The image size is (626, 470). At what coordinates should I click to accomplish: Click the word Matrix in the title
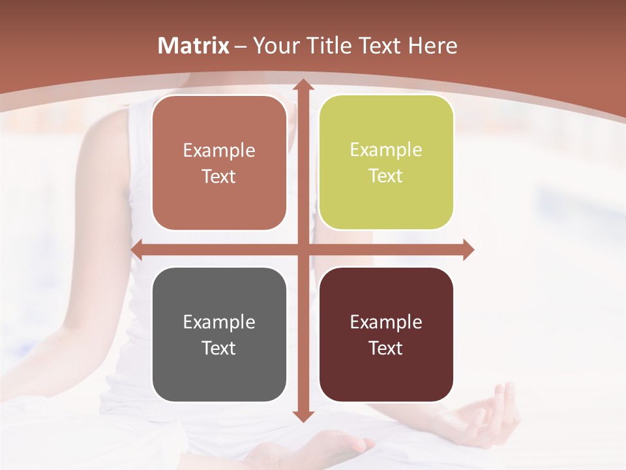(194, 46)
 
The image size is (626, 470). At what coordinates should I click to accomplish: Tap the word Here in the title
(433, 46)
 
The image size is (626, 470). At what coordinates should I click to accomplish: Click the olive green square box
(386, 163)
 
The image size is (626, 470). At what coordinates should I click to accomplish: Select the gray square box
(219, 334)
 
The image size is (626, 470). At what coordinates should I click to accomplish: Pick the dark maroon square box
(386, 334)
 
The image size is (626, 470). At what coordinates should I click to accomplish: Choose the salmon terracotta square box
(219, 163)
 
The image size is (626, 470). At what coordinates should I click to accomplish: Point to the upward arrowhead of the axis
(303, 86)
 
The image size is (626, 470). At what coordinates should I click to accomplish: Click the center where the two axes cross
(303, 249)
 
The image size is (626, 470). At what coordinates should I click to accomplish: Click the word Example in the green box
(386, 150)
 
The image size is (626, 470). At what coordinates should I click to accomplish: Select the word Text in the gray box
(219, 348)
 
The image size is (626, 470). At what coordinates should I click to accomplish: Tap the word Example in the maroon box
(386, 322)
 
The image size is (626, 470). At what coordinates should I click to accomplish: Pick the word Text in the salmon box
(219, 176)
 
